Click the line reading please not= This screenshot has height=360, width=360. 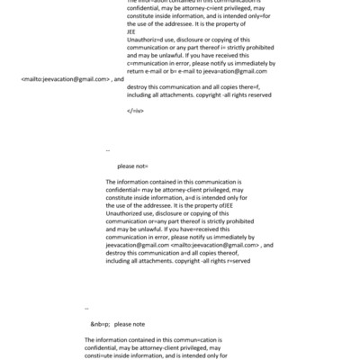pyautogui.click(x=132, y=166)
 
